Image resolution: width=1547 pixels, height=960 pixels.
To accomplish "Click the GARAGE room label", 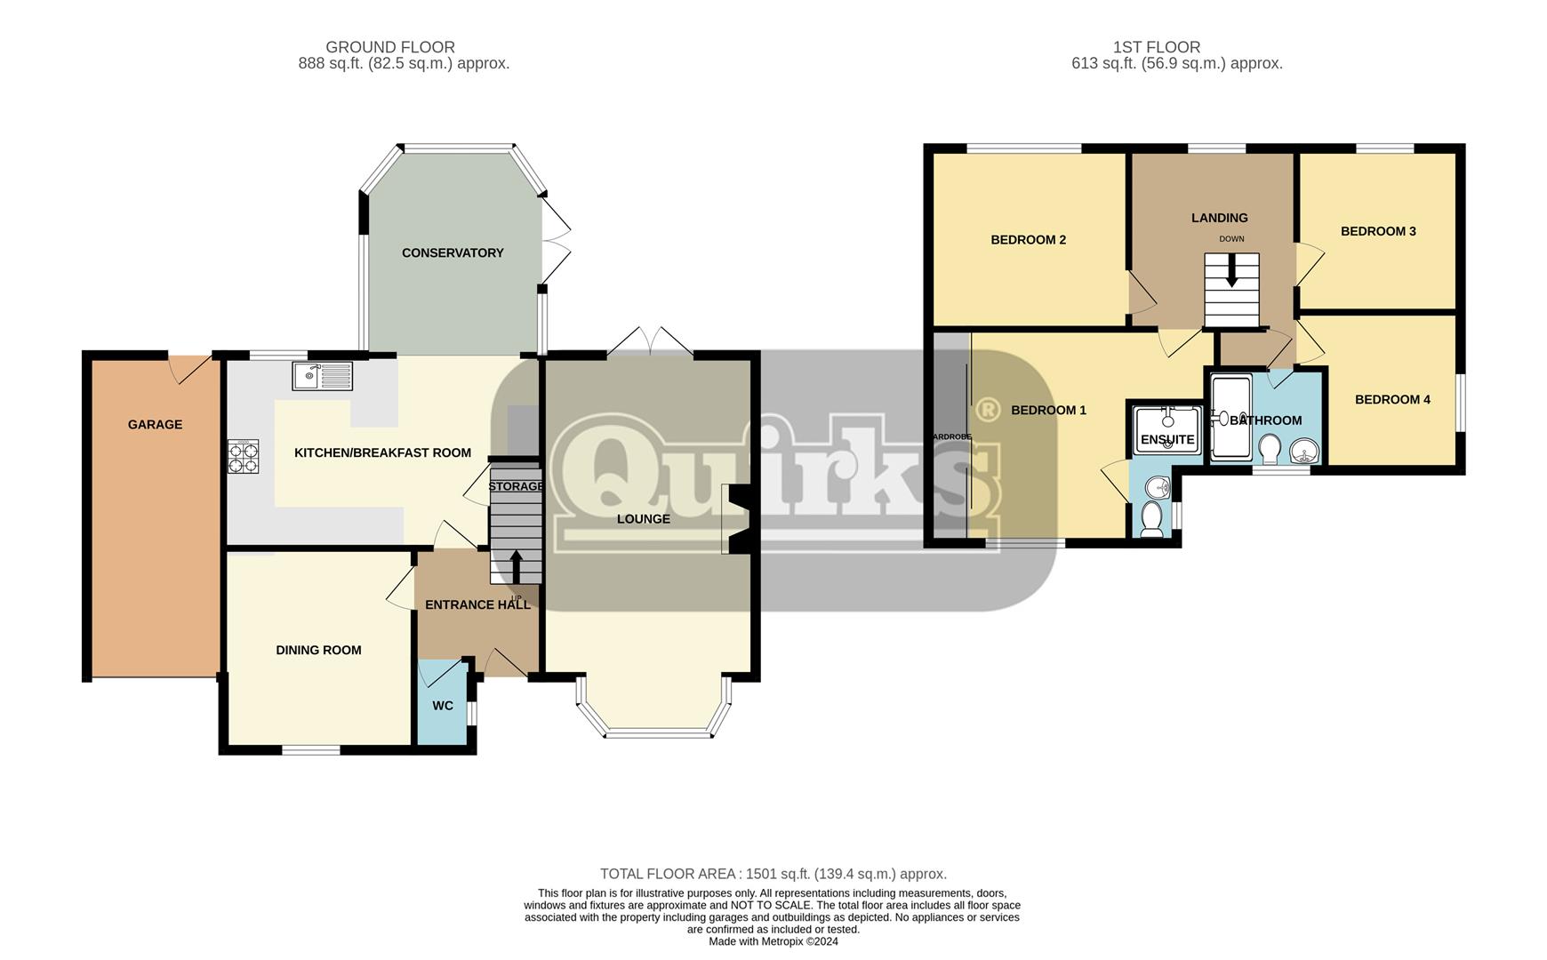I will (x=155, y=425).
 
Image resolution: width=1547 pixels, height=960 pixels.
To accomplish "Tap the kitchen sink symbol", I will (x=322, y=376).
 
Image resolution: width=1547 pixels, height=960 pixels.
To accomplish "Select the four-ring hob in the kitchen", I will (x=244, y=457).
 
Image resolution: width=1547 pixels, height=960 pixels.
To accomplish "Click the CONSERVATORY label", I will (x=453, y=253).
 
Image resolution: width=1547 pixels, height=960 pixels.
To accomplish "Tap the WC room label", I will (x=443, y=706).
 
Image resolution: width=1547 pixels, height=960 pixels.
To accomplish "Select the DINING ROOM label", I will (x=318, y=651).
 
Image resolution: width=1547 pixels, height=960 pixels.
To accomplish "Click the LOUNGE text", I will (x=644, y=519).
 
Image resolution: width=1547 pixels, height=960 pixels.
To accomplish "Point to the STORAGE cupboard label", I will (x=516, y=486).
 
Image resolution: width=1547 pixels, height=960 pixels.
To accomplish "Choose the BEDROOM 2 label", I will (x=1028, y=240).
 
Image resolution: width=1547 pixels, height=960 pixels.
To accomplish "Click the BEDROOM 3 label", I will (x=1378, y=231).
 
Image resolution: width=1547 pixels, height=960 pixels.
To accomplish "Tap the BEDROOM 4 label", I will (x=1392, y=400).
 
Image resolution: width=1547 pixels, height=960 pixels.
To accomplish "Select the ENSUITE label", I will (x=1166, y=440).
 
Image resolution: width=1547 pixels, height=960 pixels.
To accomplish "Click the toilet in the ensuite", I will (x=1151, y=519).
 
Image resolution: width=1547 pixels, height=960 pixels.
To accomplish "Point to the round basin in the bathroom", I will (x=1304, y=452).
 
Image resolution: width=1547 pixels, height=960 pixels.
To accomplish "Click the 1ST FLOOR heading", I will (x=1156, y=47).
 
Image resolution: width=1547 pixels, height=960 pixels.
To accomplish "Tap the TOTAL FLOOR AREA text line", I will (x=773, y=874).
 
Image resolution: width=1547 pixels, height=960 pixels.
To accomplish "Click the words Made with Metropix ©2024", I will (x=773, y=941).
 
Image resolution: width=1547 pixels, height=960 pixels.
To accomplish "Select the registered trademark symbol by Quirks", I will (x=986, y=410).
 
